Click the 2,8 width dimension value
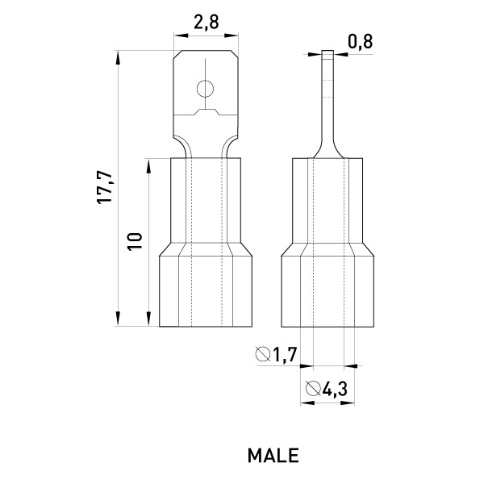(x=207, y=23)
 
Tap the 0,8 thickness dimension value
(x=361, y=42)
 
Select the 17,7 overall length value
(x=104, y=187)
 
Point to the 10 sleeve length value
(x=136, y=242)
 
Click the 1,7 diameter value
(x=285, y=354)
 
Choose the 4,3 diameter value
(x=335, y=389)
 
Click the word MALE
(x=273, y=455)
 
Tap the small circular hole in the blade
(x=205, y=89)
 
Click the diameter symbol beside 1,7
(x=263, y=354)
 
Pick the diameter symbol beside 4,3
(x=313, y=388)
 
